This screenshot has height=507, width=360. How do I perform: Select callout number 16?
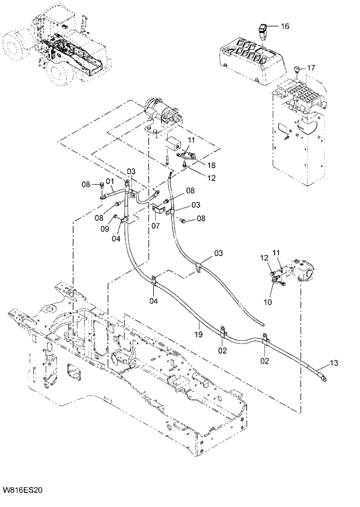click(x=285, y=27)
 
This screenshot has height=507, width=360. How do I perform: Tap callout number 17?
click(x=311, y=68)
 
